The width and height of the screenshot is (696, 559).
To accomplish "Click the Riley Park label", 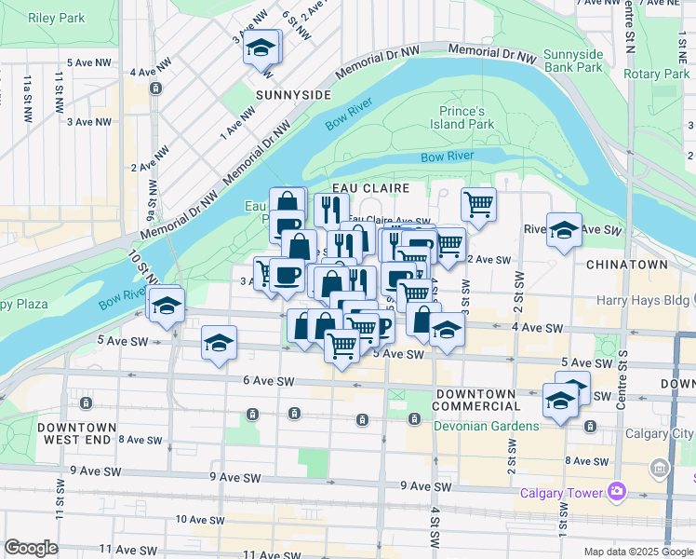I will tap(57, 18).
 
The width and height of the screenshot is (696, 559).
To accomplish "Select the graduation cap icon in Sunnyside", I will tap(262, 48).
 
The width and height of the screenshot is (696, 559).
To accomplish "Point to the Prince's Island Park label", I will tap(466, 116).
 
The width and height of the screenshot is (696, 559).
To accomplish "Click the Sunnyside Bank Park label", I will tap(573, 61).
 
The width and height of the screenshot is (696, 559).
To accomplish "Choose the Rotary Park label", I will tap(656, 75).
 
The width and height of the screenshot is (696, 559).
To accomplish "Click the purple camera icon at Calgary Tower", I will tap(615, 491).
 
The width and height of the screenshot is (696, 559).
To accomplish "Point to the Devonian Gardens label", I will tap(486, 426).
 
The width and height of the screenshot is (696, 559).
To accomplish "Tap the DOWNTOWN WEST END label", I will tap(77, 433).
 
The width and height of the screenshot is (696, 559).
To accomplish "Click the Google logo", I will tap(31, 548).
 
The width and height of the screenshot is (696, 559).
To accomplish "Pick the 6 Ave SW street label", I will tap(268, 381).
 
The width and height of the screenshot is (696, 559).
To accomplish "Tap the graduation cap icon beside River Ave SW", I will tap(564, 229).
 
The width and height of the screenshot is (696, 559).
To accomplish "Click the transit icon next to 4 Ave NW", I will tap(154, 89).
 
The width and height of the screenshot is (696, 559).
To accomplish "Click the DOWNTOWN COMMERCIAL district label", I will tap(476, 399).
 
